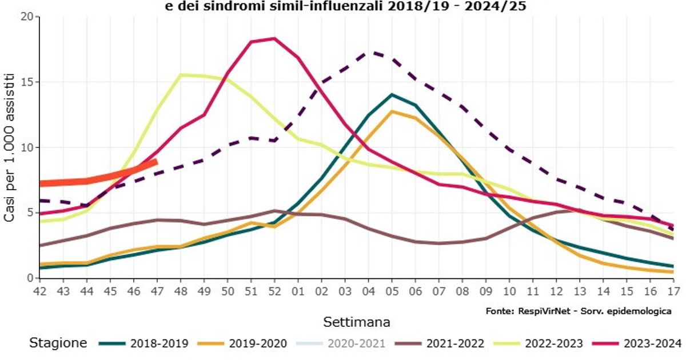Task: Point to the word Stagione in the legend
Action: [x=58, y=343]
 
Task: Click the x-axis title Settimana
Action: [x=357, y=322]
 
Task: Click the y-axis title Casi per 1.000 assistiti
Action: [x=10, y=147]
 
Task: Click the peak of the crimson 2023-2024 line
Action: [x=274, y=39]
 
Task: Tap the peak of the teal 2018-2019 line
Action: [x=392, y=94]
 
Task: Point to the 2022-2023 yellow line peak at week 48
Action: [x=181, y=75]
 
